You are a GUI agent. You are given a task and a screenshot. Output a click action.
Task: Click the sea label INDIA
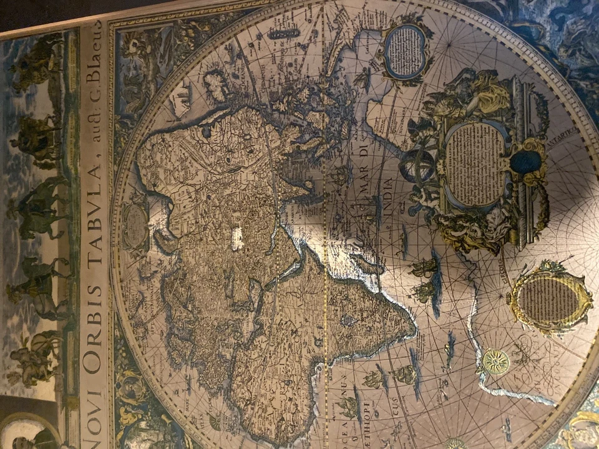click(388, 198)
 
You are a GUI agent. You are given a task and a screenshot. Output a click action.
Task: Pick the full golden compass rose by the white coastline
click(495, 361)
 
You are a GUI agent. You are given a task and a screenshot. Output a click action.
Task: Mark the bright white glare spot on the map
click(237, 239)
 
